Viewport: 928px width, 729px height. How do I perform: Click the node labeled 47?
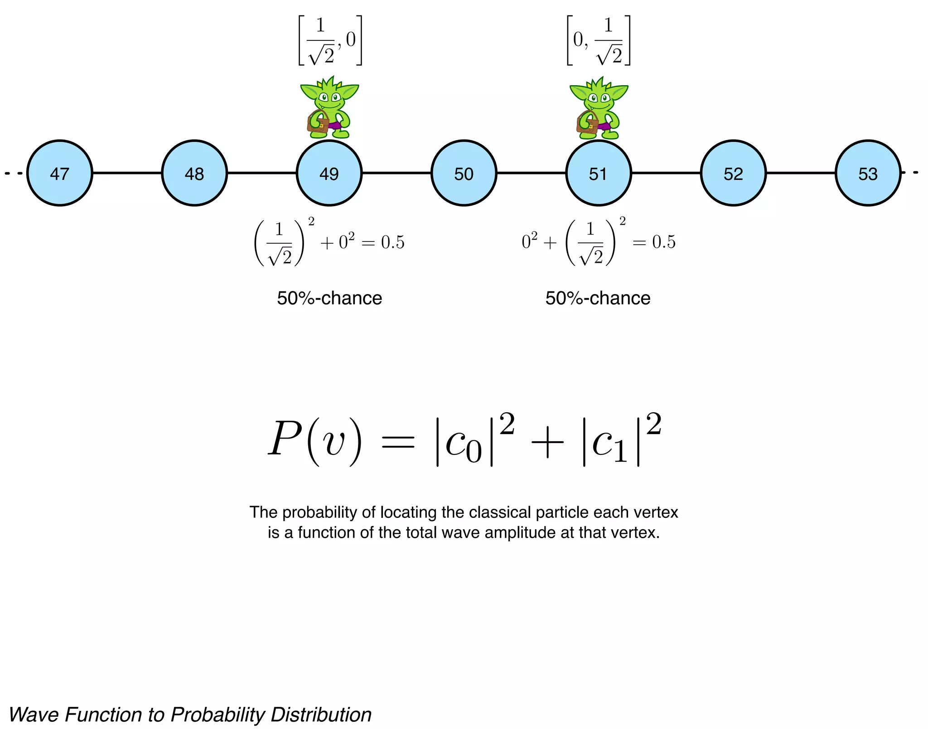tap(59, 173)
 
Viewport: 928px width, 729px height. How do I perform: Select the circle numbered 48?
tap(194, 173)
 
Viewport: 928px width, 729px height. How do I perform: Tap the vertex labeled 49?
tap(329, 173)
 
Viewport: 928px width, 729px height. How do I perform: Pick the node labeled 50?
tap(464, 173)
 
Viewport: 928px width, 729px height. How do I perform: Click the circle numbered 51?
tap(598, 173)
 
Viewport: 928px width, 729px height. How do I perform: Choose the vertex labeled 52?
tap(733, 173)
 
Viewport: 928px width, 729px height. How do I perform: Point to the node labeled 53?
tap(868, 173)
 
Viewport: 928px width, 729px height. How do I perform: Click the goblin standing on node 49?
tap(329, 108)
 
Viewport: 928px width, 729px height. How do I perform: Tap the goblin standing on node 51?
tap(599, 108)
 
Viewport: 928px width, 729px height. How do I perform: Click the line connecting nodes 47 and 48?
tap(127, 173)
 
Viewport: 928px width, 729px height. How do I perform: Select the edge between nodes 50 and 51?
tap(531, 173)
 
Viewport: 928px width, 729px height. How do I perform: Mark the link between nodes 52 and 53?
tap(801, 173)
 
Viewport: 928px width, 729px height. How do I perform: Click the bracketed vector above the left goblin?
tap(330, 41)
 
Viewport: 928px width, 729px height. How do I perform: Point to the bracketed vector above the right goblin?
tap(599, 41)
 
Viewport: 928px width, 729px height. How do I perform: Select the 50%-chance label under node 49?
tap(329, 298)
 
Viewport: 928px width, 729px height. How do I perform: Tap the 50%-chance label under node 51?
tap(598, 298)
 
